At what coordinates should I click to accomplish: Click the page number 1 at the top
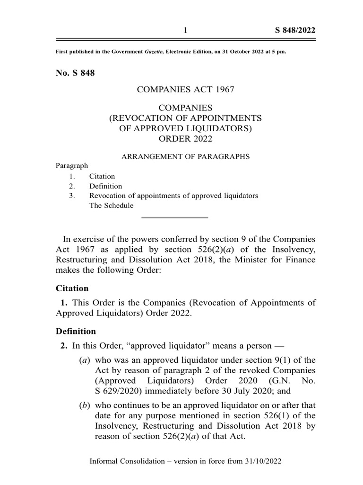point(186,31)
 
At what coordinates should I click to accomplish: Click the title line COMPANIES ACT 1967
point(186,90)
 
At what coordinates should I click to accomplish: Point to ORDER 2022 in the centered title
point(186,138)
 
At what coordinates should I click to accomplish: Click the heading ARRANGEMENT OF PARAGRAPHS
point(186,156)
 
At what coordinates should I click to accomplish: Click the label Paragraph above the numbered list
point(72,166)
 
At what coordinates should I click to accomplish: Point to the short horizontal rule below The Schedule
point(175,217)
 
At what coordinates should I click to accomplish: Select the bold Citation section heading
point(72,288)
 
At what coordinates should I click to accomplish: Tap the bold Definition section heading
point(76,331)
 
